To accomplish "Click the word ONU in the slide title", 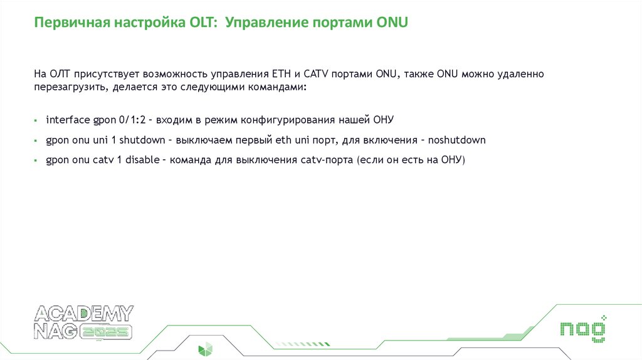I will pyautogui.click(x=392, y=24).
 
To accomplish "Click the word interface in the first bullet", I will pyautogui.click(x=68, y=119).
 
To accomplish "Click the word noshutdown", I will pyautogui.click(x=456, y=140).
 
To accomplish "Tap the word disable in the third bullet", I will pyautogui.click(x=143, y=160).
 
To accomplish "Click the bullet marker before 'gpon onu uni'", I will pyautogui.click(x=37, y=140).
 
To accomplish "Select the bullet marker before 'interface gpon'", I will pyautogui.click(x=37, y=120).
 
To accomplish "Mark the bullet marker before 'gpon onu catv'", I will pyautogui.click(x=37, y=161).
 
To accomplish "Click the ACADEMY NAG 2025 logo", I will pyautogui.click(x=83, y=323).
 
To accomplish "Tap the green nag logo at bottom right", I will pyautogui.click(x=583, y=329).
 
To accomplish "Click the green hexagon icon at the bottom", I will pyautogui.click(x=205, y=349).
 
